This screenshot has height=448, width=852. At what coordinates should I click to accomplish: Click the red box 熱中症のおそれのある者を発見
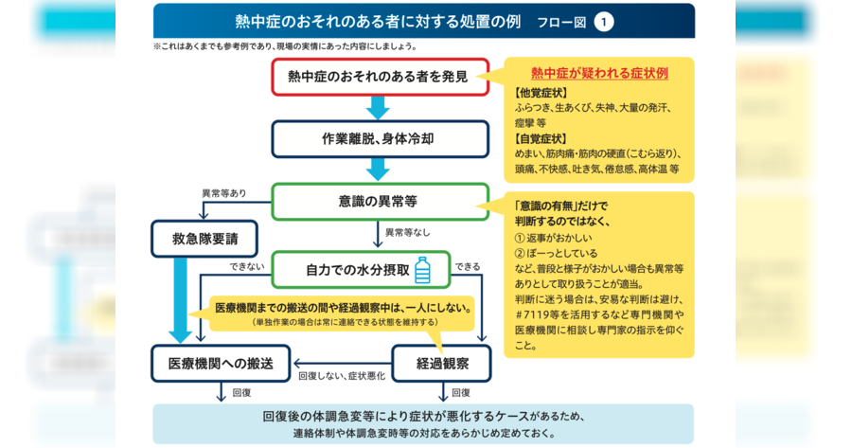coord(380,77)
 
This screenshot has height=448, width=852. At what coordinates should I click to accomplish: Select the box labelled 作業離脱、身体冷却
coord(380,139)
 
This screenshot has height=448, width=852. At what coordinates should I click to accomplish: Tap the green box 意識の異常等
coord(380,202)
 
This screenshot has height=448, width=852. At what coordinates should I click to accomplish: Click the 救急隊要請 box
coord(204,239)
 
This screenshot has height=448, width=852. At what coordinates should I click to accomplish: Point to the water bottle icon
coord(422,270)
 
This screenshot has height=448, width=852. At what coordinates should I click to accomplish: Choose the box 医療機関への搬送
coord(221,363)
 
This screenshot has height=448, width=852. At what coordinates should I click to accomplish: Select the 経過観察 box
coord(442,363)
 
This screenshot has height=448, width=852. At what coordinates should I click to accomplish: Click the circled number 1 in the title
coord(603,23)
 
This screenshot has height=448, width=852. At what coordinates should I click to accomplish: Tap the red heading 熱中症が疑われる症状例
coord(599,73)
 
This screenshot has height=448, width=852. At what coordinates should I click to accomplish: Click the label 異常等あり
coord(223,193)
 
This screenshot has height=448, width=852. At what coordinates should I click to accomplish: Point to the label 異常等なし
coord(407,233)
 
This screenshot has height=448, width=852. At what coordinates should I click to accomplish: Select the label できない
coord(247,266)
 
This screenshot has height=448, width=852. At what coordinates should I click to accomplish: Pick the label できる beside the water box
coord(468,266)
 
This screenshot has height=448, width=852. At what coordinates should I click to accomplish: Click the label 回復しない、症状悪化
coord(342,376)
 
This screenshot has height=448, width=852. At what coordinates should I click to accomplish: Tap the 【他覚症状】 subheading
coord(541,93)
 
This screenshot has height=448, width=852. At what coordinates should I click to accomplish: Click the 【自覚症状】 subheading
coord(541,138)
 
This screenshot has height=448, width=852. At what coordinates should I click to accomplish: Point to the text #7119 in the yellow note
coord(530,314)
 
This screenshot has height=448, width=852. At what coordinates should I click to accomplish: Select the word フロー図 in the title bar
coord(561,23)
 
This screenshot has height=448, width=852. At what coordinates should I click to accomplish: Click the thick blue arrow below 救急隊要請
coord(179,300)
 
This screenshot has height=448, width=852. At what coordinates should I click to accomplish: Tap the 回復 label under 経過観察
coord(461,392)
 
